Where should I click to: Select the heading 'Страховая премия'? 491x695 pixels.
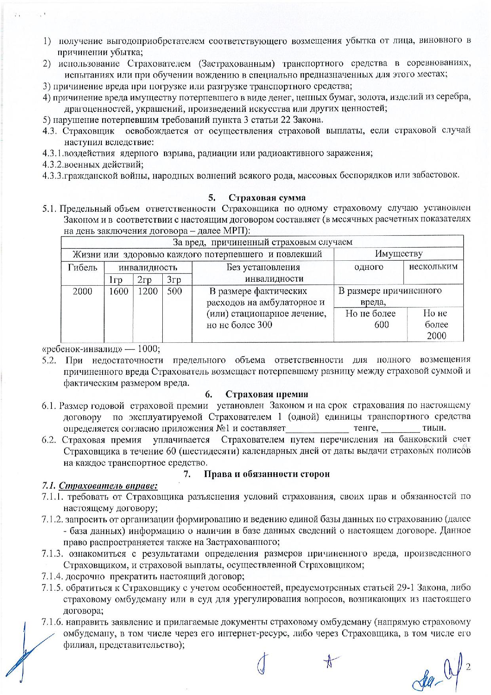pyautogui.click(x=266, y=394)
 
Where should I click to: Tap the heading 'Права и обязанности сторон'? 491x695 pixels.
pyautogui.click(x=266, y=474)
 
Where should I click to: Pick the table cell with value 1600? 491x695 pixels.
pyautogui.click(x=119, y=292)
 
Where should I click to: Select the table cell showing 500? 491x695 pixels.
pyautogui.click(x=174, y=292)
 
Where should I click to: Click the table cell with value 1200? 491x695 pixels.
pyautogui.click(x=148, y=292)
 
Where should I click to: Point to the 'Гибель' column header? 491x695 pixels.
pyautogui.click(x=83, y=267)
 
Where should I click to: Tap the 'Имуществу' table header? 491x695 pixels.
pyautogui.click(x=398, y=254)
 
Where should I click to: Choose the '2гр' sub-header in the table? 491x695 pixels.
pyautogui.click(x=145, y=280)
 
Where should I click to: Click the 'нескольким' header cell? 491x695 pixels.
pyautogui.click(x=433, y=267)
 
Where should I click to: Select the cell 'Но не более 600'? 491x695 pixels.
pyautogui.click(x=371, y=319)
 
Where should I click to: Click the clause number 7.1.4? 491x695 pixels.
pyautogui.click(x=53, y=576)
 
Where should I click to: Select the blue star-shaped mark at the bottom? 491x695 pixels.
pyautogui.click(x=329, y=660)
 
